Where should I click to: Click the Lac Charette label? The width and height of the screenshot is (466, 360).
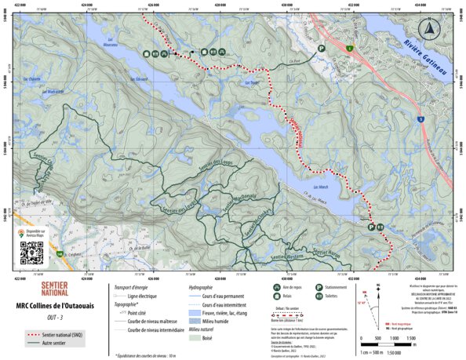(x=32, y=78)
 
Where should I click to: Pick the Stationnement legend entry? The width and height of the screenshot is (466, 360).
(x=333, y=287)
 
